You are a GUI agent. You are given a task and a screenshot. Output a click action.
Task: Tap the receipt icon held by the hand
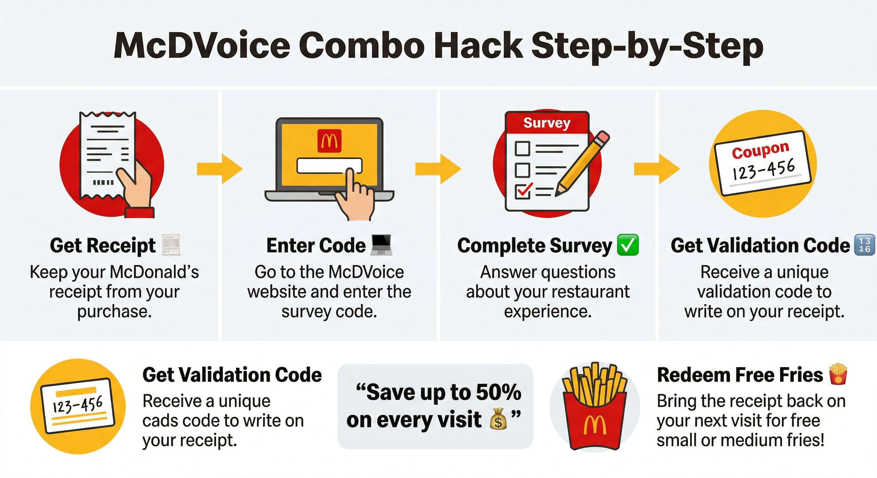[102, 153]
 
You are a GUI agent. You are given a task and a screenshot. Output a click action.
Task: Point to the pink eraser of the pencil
[603, 138]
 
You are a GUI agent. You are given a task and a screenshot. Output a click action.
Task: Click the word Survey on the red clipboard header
[547, 123]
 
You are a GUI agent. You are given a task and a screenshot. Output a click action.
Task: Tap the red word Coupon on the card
[760, 150]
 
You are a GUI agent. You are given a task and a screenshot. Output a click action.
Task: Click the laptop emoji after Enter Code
[381, 245]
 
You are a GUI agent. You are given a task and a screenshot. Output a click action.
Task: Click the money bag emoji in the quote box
[498, 419]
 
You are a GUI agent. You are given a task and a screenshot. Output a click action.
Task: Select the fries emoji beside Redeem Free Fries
[838, 374]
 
